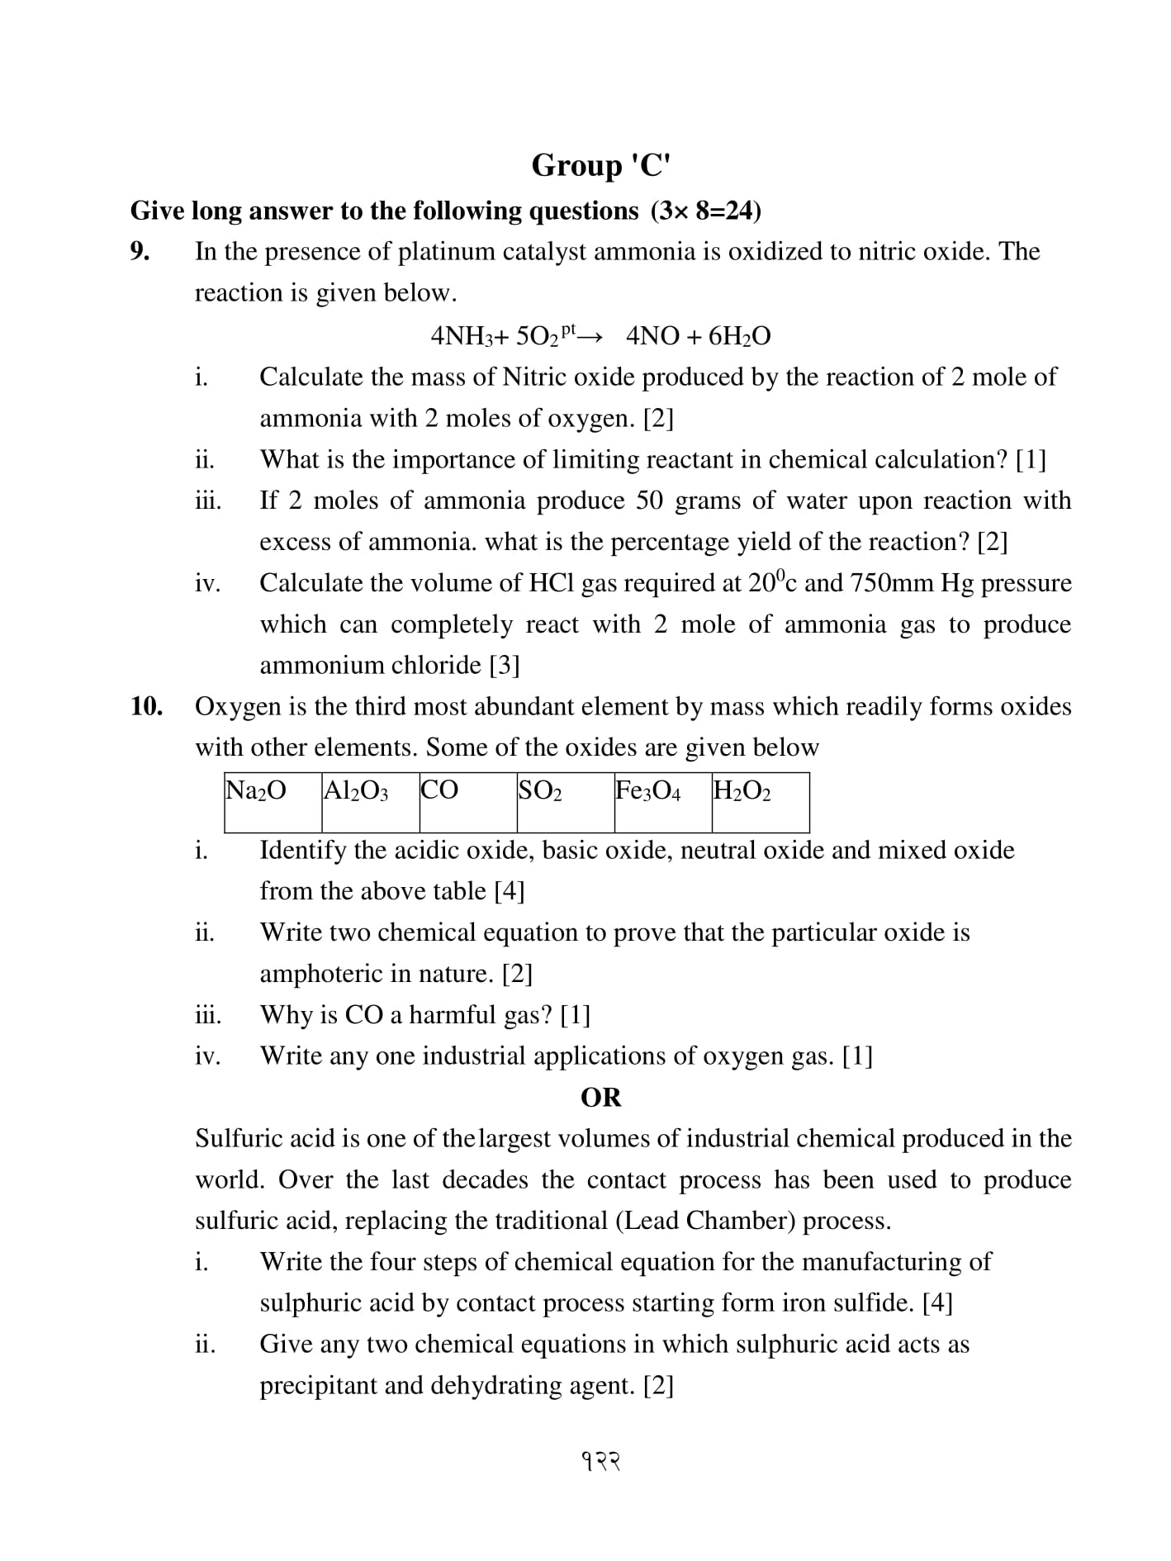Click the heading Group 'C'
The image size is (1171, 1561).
[x=600, y=165]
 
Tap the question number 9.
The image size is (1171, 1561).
[x=140, y=251]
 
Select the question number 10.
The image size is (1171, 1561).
[x=146, y=706]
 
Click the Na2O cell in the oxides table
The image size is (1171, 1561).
[x=273, y=802]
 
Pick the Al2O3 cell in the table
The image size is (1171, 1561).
[x=370, y=802]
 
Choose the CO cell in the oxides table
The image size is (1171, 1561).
[x=467, y=802]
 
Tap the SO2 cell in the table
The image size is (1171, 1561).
[x=565, y=802]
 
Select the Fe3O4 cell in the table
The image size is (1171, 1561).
[x=662, y=802]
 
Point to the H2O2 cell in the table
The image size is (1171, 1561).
[x=760, y=802]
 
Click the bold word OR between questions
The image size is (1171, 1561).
[x=600, y=1098]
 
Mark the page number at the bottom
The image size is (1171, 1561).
[x=600, y=1462]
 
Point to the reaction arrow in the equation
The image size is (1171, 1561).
[x=590, y=336]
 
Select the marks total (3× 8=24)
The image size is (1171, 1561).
[x=706, y=211]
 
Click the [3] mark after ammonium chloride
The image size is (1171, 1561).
[x=505, y=665]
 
